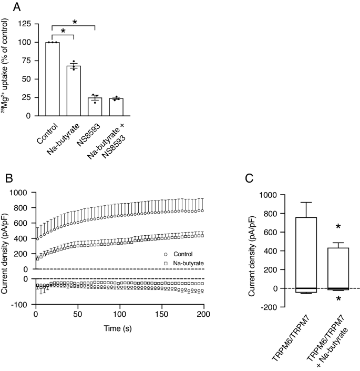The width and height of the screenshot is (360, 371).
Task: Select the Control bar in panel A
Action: click(x=53, y=79)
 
